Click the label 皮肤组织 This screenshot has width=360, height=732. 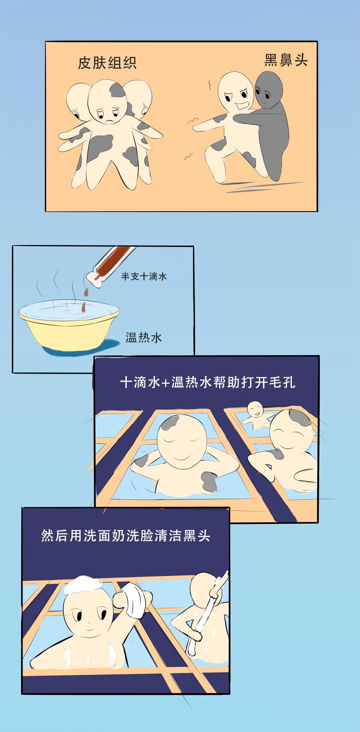coord(107,63)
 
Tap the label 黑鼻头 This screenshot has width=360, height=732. coord(286,59)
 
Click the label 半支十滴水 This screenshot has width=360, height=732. coord(144,277)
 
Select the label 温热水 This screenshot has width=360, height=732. coord(144,337)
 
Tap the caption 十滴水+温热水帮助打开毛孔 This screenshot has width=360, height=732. coord(207,383)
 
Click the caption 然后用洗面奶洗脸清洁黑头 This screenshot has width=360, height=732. coord(126,535)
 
